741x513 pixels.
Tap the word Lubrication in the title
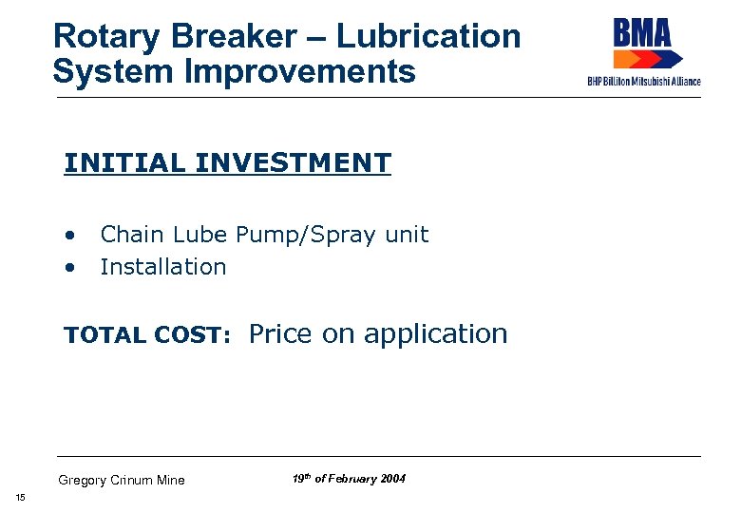[428, 37]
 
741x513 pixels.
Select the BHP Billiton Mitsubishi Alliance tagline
[644, 82]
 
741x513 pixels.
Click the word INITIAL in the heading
[124, 163]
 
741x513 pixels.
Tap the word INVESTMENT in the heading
[293, 163]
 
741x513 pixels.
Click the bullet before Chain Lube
[69, 235]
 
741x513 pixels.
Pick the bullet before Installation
[69, 268]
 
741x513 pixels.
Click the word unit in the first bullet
[408, 235]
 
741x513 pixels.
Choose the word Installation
[163, 268]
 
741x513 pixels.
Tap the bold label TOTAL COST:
[147, 335]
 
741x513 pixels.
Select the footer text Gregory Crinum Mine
[122, 480]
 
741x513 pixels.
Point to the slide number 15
[20, 499]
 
